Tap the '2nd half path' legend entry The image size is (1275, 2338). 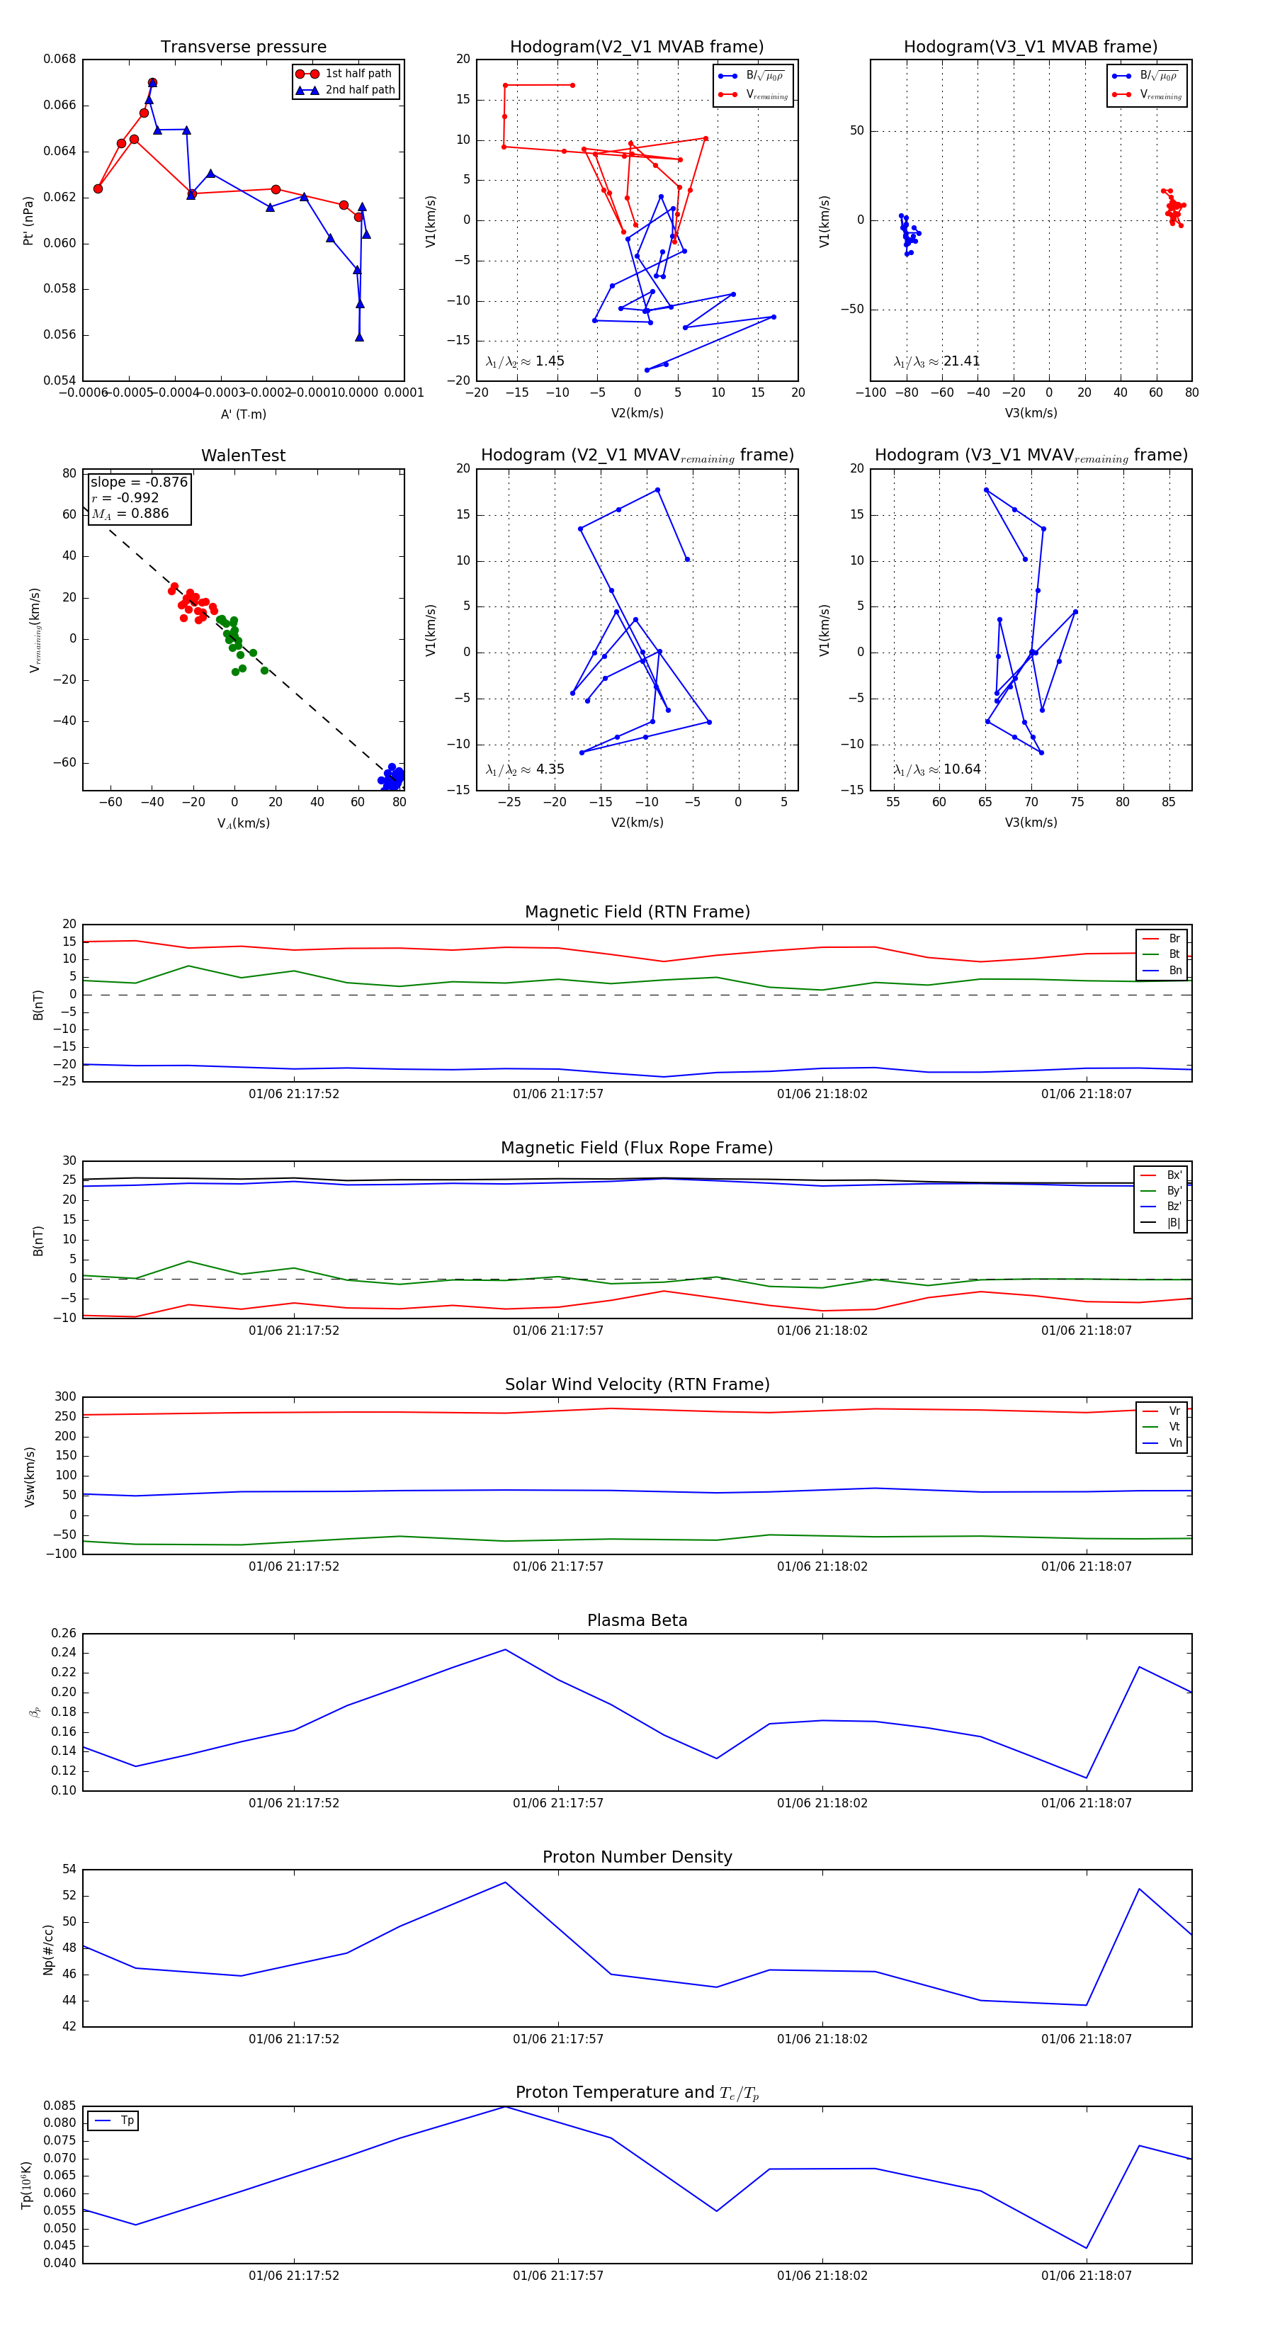tap(359, 90)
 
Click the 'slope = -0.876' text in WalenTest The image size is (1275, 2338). tap(139, 482)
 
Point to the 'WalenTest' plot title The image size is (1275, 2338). tap(243, 456)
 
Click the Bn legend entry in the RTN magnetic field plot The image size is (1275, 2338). tap(1174, 970)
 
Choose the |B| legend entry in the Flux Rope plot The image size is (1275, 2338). tap(1172, 1223)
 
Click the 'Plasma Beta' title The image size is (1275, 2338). tap(637, 1620)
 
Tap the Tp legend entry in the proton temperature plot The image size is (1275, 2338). tap(126, 2120)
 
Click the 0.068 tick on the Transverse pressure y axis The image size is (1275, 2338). tap(60, 59)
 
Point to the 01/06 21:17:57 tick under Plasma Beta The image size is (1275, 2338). tap(558, 1802)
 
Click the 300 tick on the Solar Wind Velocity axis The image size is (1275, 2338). tap(65, 1397)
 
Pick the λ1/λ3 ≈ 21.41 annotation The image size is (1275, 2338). tap(936, 361)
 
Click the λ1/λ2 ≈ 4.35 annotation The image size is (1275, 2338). tap(524, 769)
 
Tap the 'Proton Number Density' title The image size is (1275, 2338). tap(637, 1857)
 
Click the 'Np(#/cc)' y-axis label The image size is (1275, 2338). tap(49, 1950)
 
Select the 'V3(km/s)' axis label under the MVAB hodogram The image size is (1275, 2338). tap(1030, 413)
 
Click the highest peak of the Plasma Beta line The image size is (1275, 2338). tap(506, 1649)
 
